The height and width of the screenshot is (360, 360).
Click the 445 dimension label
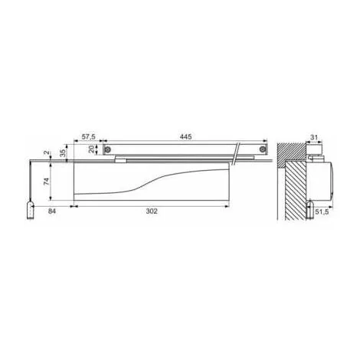coord(185,136)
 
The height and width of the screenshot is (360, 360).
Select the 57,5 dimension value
coord(88,136)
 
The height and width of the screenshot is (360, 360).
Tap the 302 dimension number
coord(152,211)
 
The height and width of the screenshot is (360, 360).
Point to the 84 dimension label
coord(52,211)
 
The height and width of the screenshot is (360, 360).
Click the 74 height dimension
coord(46,182)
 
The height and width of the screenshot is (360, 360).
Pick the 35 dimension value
coord(63,152)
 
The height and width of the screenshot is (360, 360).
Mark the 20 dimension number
coord(91,149)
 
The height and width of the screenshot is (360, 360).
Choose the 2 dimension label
coord(46,152)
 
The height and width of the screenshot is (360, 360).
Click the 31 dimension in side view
coord(314,137)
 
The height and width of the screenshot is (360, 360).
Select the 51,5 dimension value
coord(322,211)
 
